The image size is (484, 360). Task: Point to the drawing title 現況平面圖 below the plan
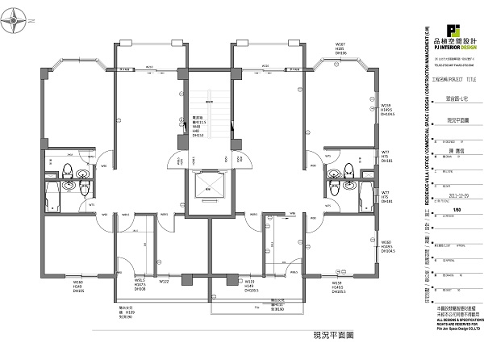tap(310, 334)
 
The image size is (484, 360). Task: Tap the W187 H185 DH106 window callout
tap(340, 48)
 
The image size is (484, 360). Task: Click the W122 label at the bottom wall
tap(164, 282)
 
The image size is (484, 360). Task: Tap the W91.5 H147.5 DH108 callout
tap(140, 284)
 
